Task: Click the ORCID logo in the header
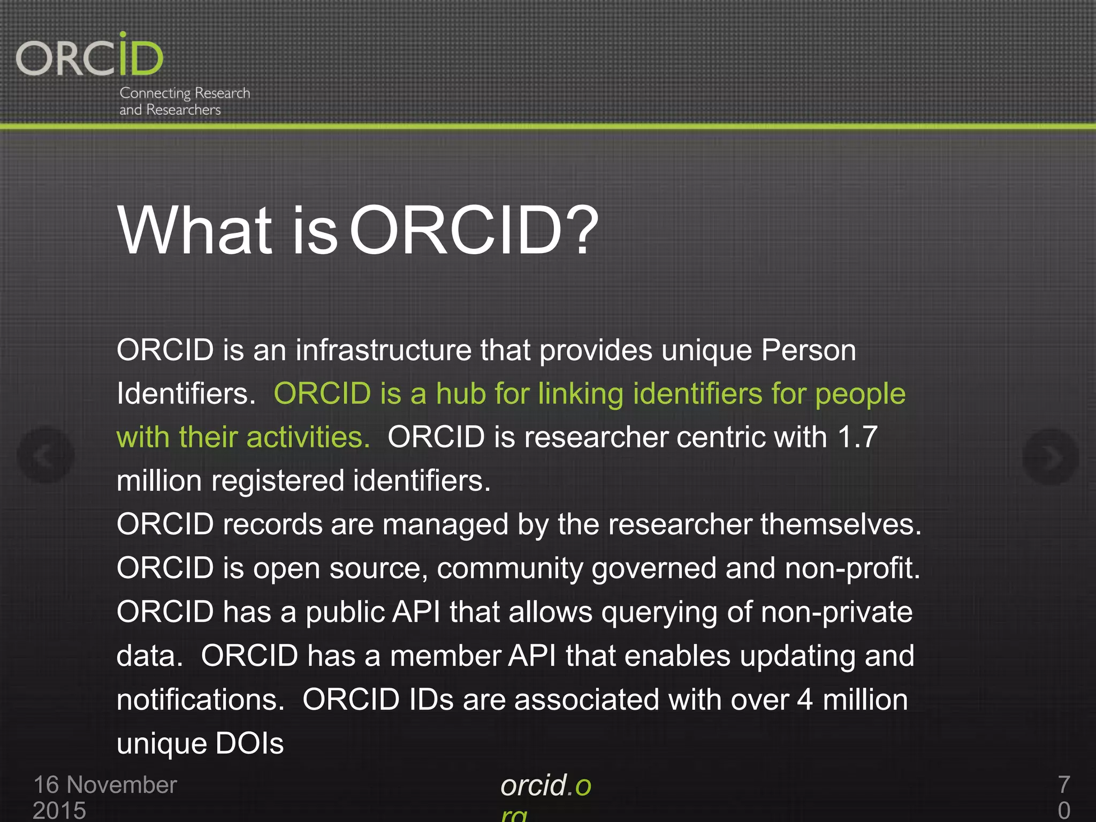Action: pos(89,56)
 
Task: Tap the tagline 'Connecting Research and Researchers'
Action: pos(184,101)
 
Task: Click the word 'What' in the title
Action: pos(195,231)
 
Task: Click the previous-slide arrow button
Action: pos(45,455)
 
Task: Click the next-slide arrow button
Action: pos(1050,456)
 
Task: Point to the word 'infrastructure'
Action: pos(383,351)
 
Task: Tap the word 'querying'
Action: pos(659,613)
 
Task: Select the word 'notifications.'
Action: pos(201,700)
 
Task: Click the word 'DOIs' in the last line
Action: pos(249,744)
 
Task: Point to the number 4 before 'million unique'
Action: pos(805,700)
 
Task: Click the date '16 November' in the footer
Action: pos(105,785)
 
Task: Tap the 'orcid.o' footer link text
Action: pos(545,786)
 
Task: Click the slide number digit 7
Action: pos(1064,785)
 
